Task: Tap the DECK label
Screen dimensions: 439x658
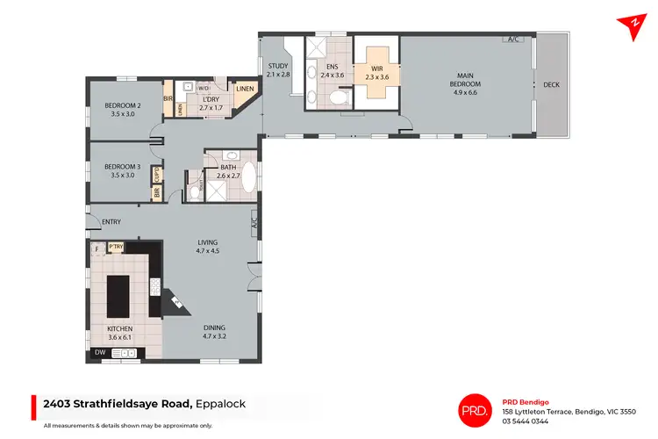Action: (551, 85)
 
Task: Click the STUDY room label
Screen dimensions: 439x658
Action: (278, 69)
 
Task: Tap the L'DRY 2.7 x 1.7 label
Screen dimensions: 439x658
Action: (211, 103)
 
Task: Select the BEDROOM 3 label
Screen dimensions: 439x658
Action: (122, 170)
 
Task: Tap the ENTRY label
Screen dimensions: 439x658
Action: (111, 221)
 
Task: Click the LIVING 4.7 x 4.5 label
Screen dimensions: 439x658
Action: (207, 247)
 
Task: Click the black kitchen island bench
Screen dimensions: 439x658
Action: (118, 296)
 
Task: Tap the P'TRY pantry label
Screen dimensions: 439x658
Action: (115, 248)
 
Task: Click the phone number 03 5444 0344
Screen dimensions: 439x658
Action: (525, 421)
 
